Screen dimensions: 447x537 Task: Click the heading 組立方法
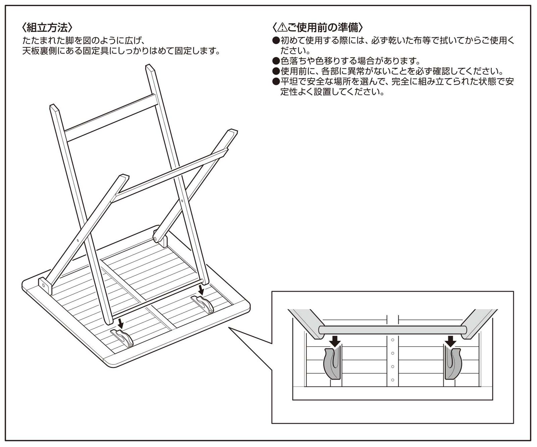(x=47, y=27)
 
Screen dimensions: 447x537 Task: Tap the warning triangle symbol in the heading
(x=283, y=27)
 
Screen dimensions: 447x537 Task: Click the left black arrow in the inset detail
(x=335, y=342)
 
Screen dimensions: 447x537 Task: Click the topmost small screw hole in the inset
(x=392, y=340)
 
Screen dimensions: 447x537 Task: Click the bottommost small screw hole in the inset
(x=392, y=380)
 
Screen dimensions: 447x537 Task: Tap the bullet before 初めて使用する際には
(x=276, y=41)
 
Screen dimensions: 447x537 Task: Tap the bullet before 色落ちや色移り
(x=276, y=61)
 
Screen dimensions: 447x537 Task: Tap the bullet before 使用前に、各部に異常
(x=276, y=71)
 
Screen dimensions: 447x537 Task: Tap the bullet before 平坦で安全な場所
(x=276, y=82)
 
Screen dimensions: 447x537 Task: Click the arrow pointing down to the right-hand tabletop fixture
(x=201, y=290)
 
